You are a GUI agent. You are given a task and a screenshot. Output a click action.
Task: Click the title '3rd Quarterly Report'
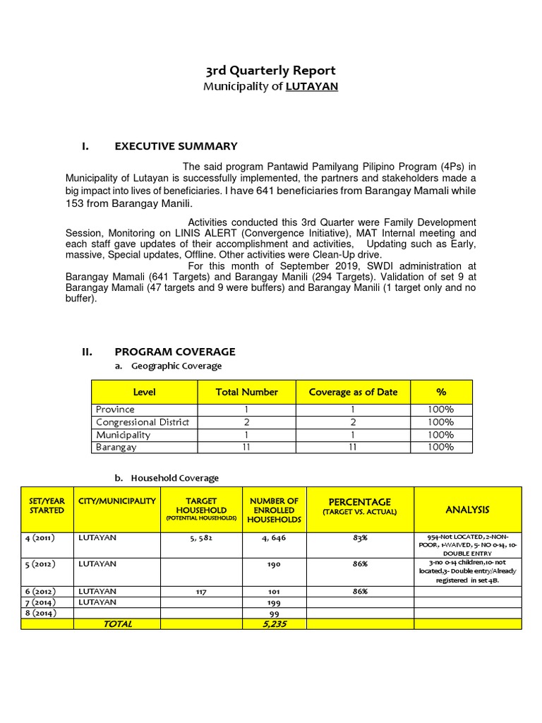point(270,71)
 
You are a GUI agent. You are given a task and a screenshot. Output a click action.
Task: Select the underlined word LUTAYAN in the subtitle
point(311,87)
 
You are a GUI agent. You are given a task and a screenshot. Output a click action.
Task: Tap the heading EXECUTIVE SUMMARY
point(176,146)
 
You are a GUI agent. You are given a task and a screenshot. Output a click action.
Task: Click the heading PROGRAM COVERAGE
point(174,352)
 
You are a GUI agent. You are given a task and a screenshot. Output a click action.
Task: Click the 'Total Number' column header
point(246,392)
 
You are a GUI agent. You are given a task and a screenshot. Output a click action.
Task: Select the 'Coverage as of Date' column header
point(353,392)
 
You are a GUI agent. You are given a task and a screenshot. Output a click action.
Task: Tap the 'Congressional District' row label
point(143,422)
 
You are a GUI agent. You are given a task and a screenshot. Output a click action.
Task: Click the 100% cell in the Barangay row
point(440,447)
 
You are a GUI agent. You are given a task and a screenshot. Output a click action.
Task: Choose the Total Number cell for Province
point(246,410)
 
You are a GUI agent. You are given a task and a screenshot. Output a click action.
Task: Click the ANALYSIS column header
point(467,509)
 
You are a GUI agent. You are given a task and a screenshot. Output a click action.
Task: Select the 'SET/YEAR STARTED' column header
point(47,505)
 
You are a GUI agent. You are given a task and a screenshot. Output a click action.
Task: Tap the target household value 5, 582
point(201,537)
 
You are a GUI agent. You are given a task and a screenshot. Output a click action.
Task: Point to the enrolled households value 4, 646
point(275,537)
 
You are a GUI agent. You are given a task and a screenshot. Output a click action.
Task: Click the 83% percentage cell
point(360,537)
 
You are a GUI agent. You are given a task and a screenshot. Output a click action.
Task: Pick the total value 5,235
point(275,624)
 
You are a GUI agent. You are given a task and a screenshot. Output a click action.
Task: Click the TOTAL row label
point(117,624)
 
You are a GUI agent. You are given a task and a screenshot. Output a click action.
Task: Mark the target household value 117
point(201,592)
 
